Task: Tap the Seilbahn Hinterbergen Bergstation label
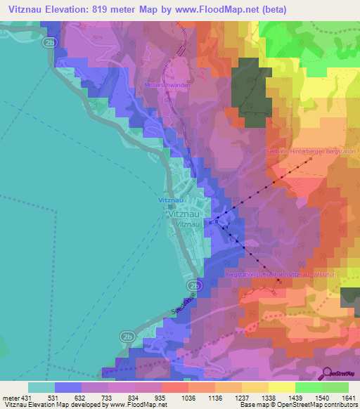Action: (x=311, y=151)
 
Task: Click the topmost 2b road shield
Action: (x=49, y=42)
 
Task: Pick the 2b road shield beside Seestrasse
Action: (x=194, y=287)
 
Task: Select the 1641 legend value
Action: (x=349, y=397)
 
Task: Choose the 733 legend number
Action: (x=101, y=397)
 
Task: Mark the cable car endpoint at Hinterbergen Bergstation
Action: (x=307, y=160)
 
